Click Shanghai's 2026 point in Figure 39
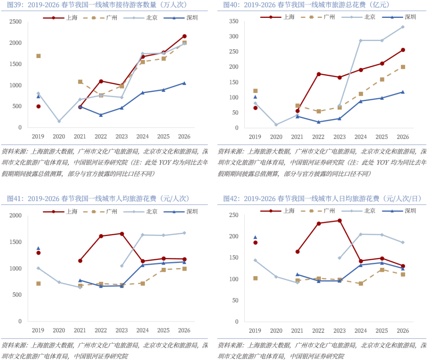[x=184, y=36]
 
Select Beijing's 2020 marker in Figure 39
[x=59, y=121]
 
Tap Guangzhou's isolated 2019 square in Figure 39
[x=39, y=56]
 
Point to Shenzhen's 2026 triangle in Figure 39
[x=184, y=83]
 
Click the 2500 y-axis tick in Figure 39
[x=15, y=21]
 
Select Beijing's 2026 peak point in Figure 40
[x=402, y=27]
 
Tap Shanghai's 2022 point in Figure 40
[x=319, y=74]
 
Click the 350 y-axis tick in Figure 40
[x=234, y=21]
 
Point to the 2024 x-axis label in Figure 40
[x=360, y=137]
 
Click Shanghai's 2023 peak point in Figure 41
[x=122, y=234]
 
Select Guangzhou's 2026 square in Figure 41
[x=184, y=269]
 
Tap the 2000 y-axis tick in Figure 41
[x=15, y=215]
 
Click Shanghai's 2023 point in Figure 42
[x=340, y=221]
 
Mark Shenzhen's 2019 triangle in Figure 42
[x=255, y=237]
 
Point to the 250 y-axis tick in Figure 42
[x=234, y=215]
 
